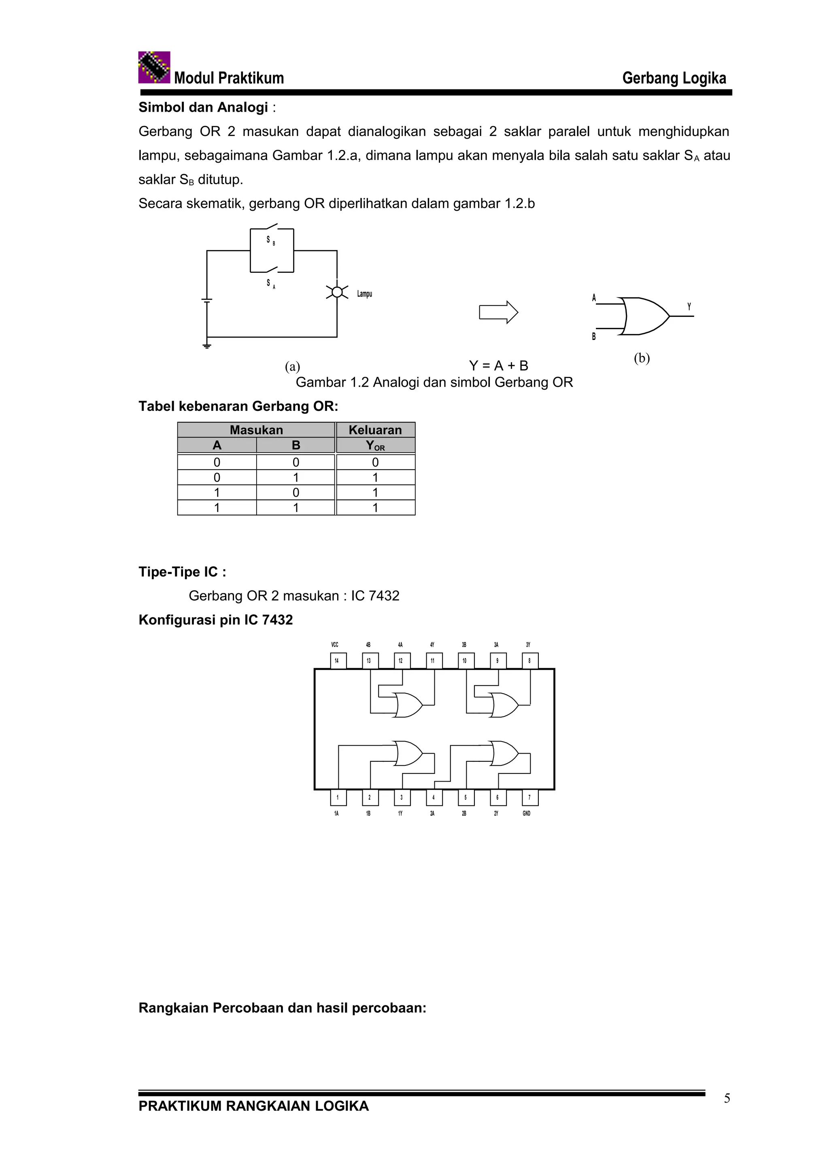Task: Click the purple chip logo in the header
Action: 154,67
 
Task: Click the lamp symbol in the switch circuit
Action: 337,292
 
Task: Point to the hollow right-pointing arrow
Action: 498,312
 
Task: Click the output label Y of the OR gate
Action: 689,306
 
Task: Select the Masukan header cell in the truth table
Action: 256,430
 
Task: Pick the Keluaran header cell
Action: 375,430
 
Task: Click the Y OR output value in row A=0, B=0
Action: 375,462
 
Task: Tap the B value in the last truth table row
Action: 296,508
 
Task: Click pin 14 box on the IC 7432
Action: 337,661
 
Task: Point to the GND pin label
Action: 527,813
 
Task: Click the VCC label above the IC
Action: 335,645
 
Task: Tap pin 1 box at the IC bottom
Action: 337,797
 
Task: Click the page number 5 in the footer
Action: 727,1099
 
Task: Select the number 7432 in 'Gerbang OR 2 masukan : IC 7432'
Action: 384,596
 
